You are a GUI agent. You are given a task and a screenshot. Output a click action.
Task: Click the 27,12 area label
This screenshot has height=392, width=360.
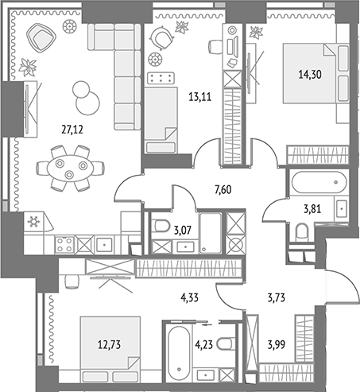point(72,130)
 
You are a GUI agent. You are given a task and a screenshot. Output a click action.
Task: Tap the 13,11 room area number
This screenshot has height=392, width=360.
point(200,97)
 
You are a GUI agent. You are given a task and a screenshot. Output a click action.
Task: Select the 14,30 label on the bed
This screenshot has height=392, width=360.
point(310,75)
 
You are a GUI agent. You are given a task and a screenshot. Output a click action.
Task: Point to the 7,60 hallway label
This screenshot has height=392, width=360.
point(223,190)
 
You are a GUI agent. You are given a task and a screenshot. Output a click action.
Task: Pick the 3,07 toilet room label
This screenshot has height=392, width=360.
point(183,230)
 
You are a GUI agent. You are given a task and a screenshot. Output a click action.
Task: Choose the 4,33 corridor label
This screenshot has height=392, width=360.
point(190,297)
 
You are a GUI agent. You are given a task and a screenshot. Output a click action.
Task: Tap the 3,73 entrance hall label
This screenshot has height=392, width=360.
point(277,298)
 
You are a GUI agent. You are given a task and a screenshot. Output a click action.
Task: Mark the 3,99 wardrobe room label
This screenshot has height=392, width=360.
point(277,345)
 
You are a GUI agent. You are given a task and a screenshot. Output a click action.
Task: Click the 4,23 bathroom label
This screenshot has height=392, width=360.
point(204,345)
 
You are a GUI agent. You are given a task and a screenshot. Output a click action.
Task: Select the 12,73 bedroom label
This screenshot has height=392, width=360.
point(109,345)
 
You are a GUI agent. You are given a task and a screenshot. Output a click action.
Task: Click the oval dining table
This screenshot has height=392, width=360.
point(70,169)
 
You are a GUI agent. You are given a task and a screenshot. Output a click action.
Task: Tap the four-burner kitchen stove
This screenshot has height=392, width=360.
point(64,244)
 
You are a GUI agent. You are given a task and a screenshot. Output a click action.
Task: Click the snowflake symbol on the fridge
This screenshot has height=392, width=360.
point(33,222)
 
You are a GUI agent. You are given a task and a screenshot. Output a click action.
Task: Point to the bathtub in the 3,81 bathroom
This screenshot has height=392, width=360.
point(319,182)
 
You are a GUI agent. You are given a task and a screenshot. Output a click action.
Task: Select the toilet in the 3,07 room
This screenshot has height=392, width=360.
point(162,226)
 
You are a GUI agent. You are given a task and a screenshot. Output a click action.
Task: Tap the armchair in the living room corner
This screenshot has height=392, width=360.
point(41,38)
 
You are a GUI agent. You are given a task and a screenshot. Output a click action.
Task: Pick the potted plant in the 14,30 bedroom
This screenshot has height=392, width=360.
point(256,33)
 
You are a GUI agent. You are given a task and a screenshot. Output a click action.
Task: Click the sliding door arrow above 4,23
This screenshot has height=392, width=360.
point(207,324)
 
